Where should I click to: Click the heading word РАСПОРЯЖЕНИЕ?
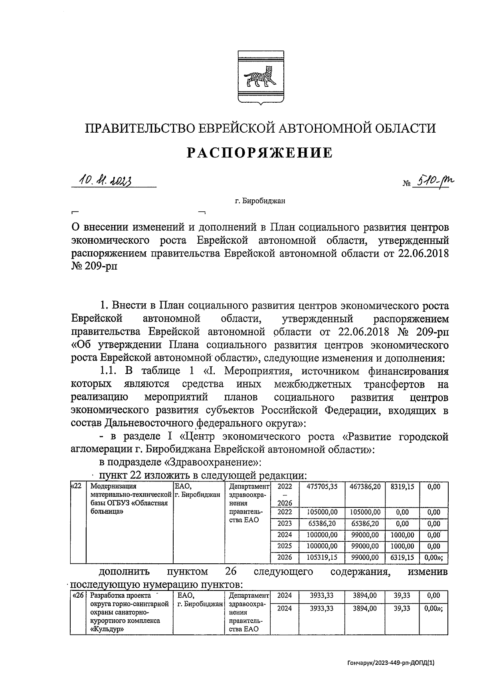tap(260, 153)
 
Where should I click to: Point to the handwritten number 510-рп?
tap(433, 182)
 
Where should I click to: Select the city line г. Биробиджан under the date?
tap(260, 201)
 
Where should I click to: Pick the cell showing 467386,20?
tap(365, 487)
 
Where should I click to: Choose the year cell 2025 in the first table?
tap(285, 546)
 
